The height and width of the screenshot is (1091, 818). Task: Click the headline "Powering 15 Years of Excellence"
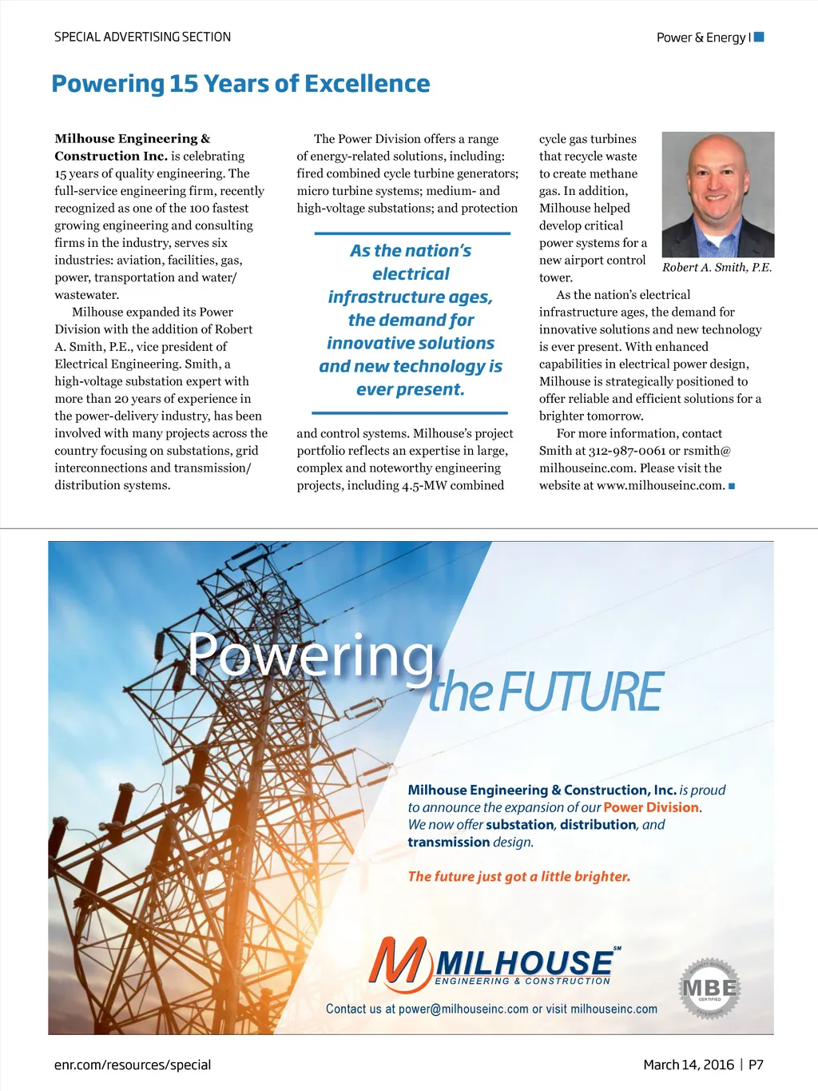(x=240, y=84)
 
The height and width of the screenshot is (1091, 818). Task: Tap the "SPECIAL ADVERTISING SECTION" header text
(x=142, y=37)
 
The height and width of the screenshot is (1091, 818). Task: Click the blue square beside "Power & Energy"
(x=759, y=37)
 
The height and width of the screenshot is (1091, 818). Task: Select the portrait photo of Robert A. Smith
(x=717, y=194)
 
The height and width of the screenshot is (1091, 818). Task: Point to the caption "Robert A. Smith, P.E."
(x=717, y=268)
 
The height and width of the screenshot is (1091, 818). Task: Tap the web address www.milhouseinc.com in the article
(x=661, y=485)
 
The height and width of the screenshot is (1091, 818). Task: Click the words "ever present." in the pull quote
(x=411, y=390)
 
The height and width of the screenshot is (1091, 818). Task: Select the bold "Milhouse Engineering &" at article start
(x=133, y=139)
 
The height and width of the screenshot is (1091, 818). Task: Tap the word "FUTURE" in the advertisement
(x=582, y=693)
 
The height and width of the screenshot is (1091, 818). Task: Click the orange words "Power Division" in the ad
(x=651, y=807)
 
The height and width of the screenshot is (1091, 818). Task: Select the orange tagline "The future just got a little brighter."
(x=519, y=877)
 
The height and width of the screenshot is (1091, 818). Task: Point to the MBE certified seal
(x=709, y=988)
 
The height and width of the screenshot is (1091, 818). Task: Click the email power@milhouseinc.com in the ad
(x=463, y=1009)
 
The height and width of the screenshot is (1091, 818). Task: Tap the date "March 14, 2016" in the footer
(x=689, y=1065)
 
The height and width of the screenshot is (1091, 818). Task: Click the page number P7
(x=756, y=1065)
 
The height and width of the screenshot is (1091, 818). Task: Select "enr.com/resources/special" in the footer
(x=133, y=1065)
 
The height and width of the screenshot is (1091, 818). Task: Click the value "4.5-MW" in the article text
(x=423, y=485)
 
